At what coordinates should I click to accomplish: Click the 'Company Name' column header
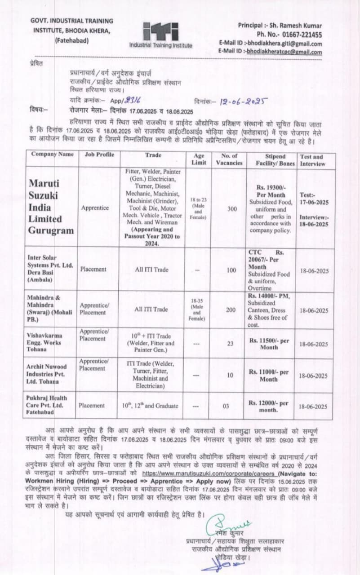tap(53, 155)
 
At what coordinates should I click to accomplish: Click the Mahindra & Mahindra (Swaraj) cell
tap(51, 309)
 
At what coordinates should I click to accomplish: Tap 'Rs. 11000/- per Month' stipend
tap(269, 376)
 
